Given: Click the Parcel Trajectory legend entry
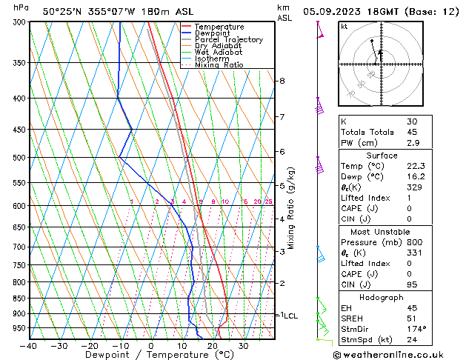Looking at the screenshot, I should click(x=228, y=39).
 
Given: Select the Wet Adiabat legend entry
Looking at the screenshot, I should click(x=219, y=52).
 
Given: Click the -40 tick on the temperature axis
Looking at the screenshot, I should click(x=29, y=346).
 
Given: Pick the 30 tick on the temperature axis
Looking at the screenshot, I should click(x=243, y=346).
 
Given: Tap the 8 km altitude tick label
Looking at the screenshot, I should click(x=282, y=81).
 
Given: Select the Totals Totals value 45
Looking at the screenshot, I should click(x=412, y=131).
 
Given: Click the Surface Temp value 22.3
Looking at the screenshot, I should click(x=417, y=167).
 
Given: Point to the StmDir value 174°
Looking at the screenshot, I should click(x=417, y=329).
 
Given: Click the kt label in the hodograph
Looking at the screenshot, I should click(x=344, y=26).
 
